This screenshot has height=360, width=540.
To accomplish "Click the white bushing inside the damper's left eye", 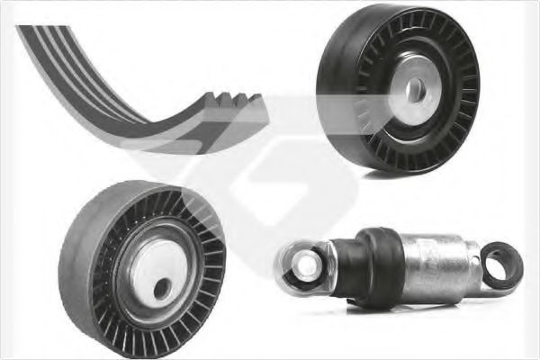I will (300, 263).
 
